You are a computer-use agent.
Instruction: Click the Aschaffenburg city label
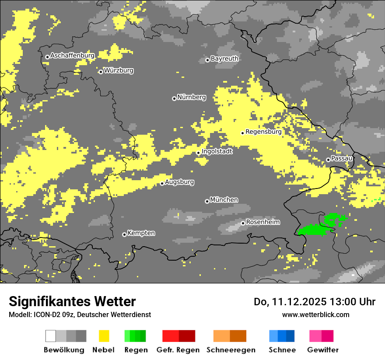pyautogui.click(x=72, y=56)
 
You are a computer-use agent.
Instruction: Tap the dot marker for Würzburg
pyautogui.click(x=101, y=72)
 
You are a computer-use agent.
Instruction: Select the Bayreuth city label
pyautogui.click(x=224, y=59)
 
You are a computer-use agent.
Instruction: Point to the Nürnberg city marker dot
pyautogui.click(x=174, y=98)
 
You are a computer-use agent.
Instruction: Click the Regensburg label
pyautogui.click(x=263, y=132)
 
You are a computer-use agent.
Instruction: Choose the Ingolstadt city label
pyautogui.click(x=217, y=151)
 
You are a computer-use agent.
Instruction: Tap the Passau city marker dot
pyautogui.click(x=328, y=160)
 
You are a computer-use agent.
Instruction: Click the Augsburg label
pyautogui.click(x=179, y=182)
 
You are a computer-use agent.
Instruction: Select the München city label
pyautogui.click(x=224, y=200)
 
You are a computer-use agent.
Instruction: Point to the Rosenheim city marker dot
pyautogui.click(x=243, y=223)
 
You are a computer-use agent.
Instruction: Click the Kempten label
pyautogui.click(x=141, y=233)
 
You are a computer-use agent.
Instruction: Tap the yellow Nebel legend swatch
pyautogui.click(x=104, y=336)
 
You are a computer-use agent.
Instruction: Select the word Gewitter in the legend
pyautogui.click(x=322, y=350)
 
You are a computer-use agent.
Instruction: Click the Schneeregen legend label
pyautogui.click(x=231, y=350)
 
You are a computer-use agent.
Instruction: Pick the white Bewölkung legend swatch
pyautogui.click(x=51, y=336)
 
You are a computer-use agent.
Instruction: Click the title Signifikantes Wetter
pyautogui.click(x=72, y=302)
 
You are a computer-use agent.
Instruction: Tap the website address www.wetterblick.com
pyautogui.click(x=315, y=314)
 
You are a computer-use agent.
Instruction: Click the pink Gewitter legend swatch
pyautogui.click(x=315, y=336)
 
